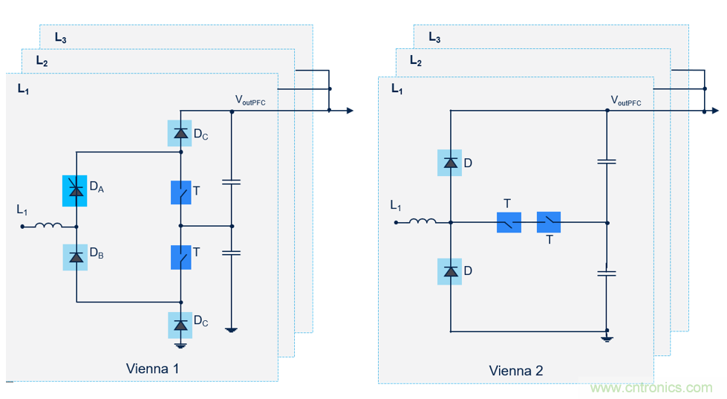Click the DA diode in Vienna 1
tap(75, 191)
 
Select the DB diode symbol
tap(75, 257)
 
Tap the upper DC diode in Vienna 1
tap(180, 134)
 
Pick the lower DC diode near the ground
tap(180, 325)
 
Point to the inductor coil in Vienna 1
tap(50, 225)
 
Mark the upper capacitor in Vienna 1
tap(232, 181)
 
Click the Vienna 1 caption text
tap(152, 369)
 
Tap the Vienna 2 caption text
tap(515, 370)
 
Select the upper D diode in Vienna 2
tap(451, 163)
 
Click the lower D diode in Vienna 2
tap(451, 271)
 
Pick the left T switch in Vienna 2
tap(509, 222)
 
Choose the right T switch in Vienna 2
tap(549, 222)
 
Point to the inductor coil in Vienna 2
tap(423, 221)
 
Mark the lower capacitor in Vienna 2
tap(607, 273)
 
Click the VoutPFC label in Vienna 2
tap(626, 100)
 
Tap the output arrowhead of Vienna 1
tap(349, 111)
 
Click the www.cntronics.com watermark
tap(651, 388)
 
